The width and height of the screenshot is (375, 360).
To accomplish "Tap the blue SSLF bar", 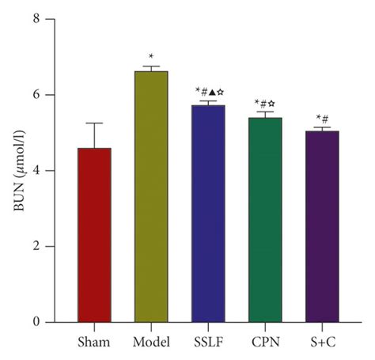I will coord(208,214).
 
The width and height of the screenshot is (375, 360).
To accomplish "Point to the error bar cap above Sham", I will coord(94,123).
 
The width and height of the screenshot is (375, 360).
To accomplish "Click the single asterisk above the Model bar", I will coord(151,57).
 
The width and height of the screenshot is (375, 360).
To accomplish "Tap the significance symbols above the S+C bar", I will coord(322,119).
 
